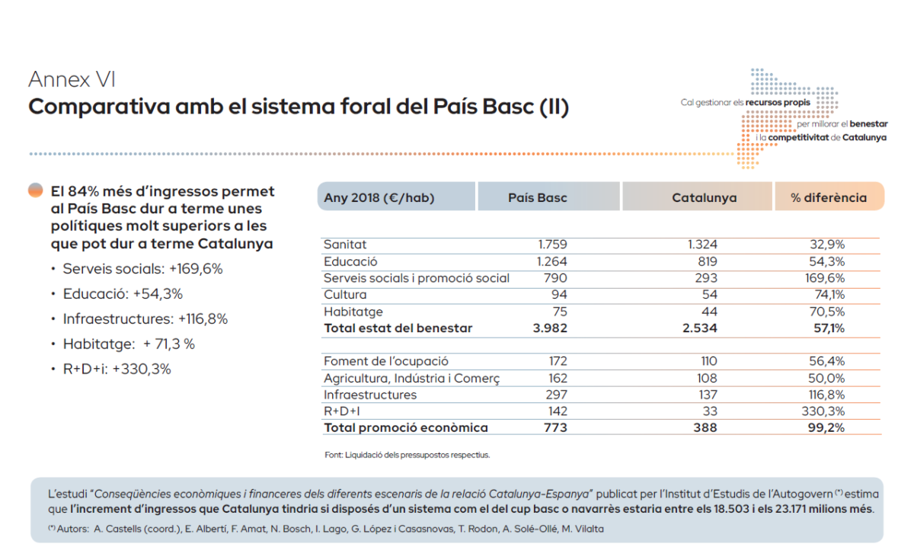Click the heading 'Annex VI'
(72, 79)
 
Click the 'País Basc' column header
(538, 197)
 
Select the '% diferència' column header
(828, 197)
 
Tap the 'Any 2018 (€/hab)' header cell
(379, 197)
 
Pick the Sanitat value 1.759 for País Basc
(552, 245)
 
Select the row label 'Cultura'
(345, 295)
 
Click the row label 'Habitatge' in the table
(353, 312)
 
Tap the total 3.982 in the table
(551, 328)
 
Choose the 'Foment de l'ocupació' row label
(386, 361)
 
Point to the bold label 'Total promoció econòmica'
(406, 428)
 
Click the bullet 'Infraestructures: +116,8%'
(145, 318)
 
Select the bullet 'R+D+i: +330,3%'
(117, 369)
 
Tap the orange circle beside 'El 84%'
(35, 190)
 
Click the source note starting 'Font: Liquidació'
(407, 455)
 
